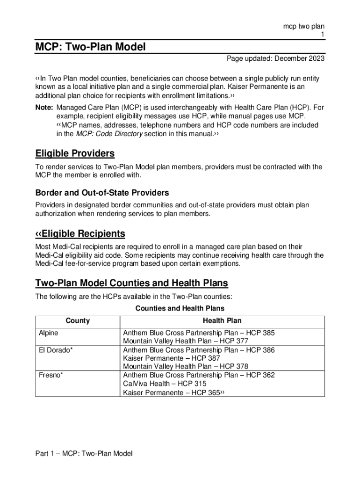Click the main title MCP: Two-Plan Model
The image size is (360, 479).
(91, 47)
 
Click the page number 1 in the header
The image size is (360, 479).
(322, 35)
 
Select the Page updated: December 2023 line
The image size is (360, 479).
(275, 59)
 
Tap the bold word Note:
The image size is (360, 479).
(44, 108)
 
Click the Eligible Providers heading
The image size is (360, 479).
(75, 153)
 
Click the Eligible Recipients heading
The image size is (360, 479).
(80, 233)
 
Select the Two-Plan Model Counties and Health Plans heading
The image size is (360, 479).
(131, 283)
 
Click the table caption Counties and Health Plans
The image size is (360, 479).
(180, 308)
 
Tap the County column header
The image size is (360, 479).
(78, 321)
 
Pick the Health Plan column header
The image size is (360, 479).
(222, 321)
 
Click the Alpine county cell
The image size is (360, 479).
(49, 333)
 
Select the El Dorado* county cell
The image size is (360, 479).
(55, 350)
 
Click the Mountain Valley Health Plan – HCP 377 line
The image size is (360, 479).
(185, 341)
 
